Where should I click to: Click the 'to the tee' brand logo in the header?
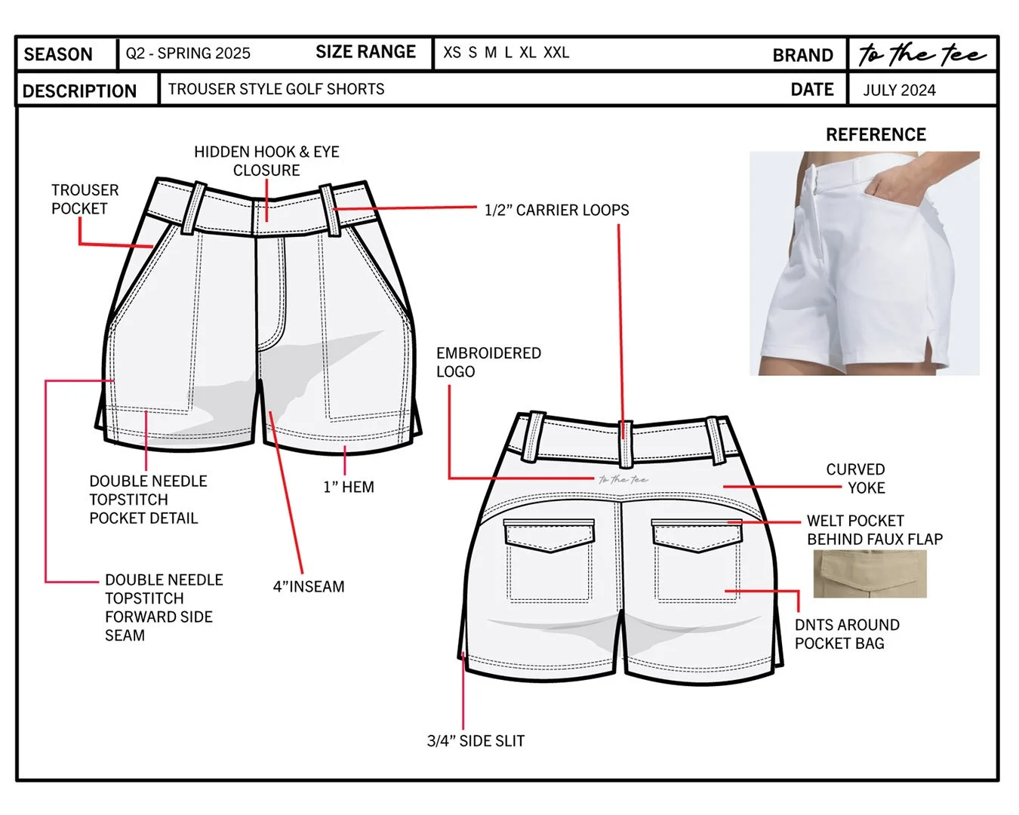tap(922, 54)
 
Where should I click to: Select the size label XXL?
tap(556, 53)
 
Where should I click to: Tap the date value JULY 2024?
tap(899, 91)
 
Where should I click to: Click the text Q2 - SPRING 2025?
tap(188, 54)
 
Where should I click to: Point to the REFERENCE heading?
tap(876, 135)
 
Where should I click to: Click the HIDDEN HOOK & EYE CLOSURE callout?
tap(266, 161)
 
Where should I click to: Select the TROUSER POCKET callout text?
tap(84, 199)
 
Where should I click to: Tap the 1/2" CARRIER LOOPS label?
tap(556, 211)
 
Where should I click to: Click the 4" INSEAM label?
tap(309, 586)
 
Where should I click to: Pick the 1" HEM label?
tap(349, 487)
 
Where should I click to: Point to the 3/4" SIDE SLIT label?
tap(476, 741)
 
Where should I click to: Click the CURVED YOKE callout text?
tap(856, 478)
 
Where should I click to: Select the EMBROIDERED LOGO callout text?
tap(488, 362)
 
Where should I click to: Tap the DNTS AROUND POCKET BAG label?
tap(846, 634)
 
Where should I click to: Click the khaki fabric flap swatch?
tap(870, 574)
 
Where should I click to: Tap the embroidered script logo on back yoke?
tap(623, 479)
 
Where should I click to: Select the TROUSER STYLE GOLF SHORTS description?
tap(276, 89)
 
